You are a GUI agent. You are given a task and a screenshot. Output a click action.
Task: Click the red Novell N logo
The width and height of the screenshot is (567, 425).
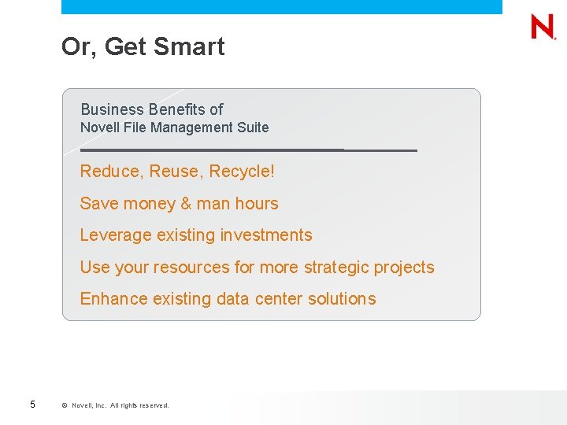(x=543, y=27)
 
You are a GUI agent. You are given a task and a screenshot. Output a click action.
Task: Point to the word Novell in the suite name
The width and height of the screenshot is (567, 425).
(x=100, y=128)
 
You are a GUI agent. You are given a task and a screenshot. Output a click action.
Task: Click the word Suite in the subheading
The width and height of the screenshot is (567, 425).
(x=252, y=128)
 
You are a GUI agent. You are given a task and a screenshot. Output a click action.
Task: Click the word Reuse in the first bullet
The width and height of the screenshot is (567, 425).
(x=173, y=171)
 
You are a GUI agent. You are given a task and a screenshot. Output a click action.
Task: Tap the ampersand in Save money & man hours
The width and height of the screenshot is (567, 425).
(x=186, y=203)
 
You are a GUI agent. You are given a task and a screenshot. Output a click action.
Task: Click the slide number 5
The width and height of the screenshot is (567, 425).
(x=32, y=405)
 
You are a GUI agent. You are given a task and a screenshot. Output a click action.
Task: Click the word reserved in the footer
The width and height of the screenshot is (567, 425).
(x=154, y=405)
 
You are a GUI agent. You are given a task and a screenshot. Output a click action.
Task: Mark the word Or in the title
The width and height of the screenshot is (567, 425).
(x=76, y=47)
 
